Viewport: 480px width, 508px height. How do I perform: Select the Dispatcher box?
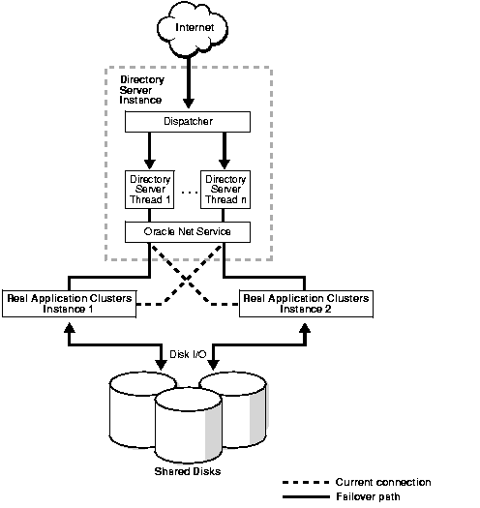coord(188,122)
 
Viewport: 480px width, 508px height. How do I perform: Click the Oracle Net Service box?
coord(188,232)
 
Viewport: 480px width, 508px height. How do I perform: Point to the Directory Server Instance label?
coord(140,89)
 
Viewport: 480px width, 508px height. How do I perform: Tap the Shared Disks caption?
coord(186,471)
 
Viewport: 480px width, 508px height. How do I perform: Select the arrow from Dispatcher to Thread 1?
coord(150,150)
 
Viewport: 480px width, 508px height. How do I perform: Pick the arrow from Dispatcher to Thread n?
coord(225,150)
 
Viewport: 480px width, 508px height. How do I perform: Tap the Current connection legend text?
coord(383,482)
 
